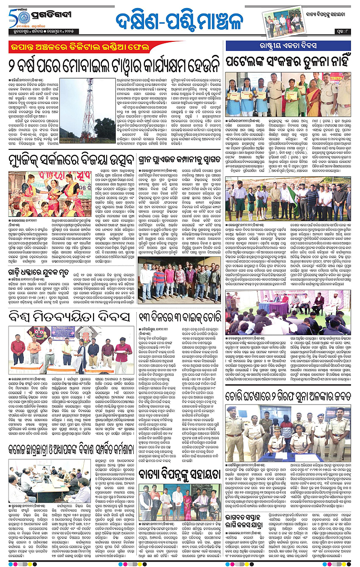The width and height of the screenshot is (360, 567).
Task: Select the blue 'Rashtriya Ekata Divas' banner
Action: [288, 46]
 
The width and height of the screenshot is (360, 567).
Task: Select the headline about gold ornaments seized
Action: [288, 397]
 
